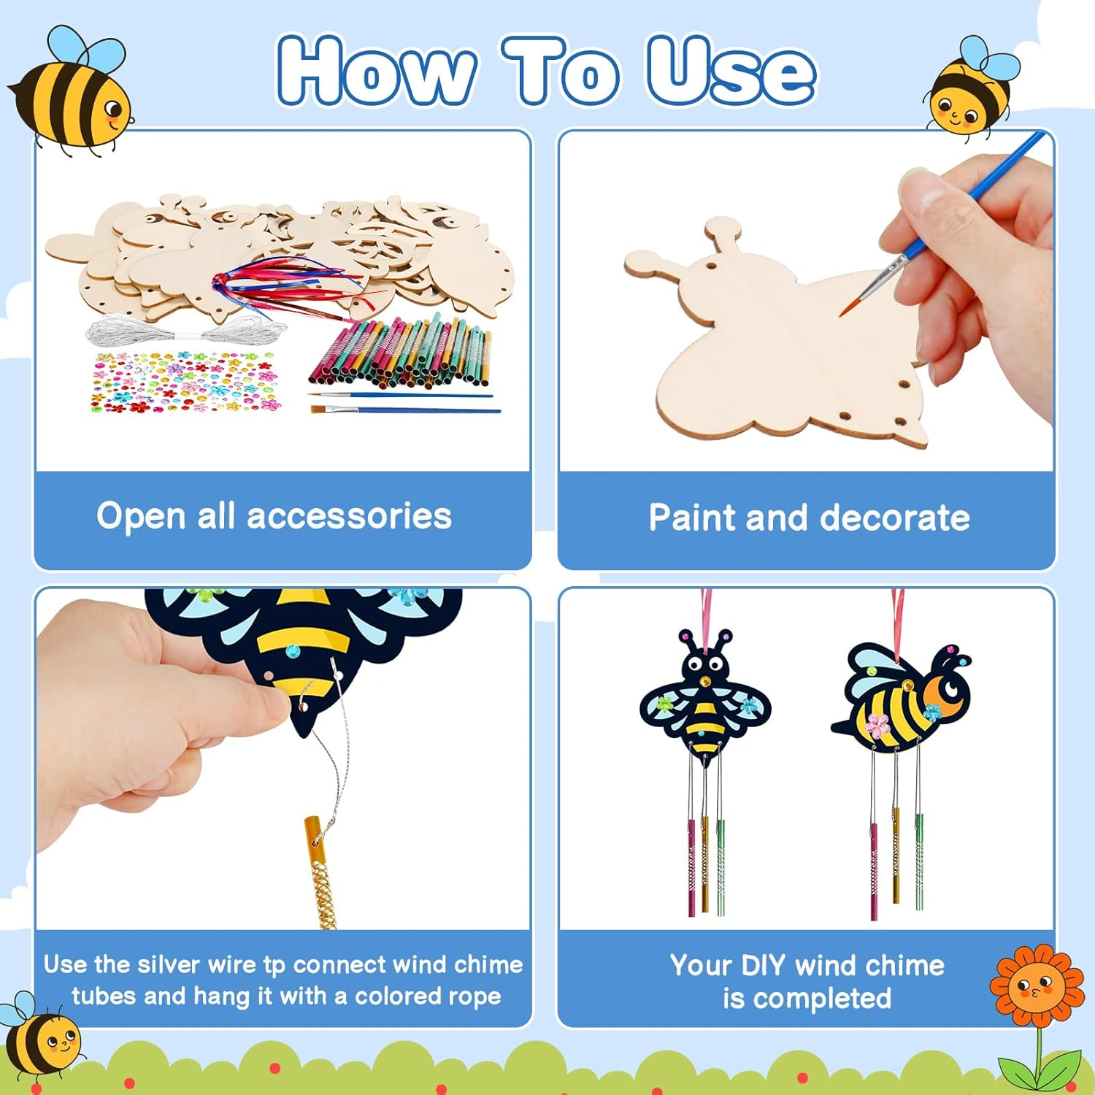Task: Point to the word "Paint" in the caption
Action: [x=693, y=518]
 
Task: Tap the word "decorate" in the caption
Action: [x=895, y=518]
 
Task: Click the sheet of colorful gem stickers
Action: [x=182, y=381]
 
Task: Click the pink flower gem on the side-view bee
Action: [x=877, y=723]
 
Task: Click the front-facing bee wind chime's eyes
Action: [x=705, y=664]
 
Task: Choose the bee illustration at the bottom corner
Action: [x=40, y=1040]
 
